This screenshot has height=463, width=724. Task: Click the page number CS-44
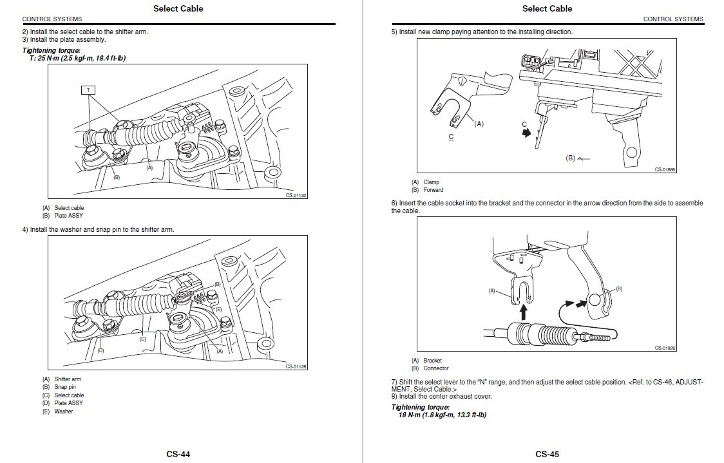pyautogui.click(x=178, y=454)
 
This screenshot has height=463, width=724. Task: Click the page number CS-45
pyautogui.click(x=547, y=454)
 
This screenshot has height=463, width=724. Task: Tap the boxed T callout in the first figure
pyautogui.click(x=88, y=90)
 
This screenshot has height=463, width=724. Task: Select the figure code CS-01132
pyautogui.click(x=296, y=195)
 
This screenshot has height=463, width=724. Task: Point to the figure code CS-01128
pyautogui.click(x=296, y=366)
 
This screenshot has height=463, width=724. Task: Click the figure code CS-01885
pyautogui.click(x=665, y=170)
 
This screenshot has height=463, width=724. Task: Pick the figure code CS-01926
pyautogui.click(x=665, y=348)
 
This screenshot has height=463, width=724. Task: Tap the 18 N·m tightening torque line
pyautogui.click(x=442, y=415)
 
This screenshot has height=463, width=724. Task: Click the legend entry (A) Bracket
pyautogui.click(x=427, y=361)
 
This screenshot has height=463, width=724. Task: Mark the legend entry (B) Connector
pyautogui.click(x=430, y=368)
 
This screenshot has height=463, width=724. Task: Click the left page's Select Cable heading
pyautogui.click(x=178, y=8)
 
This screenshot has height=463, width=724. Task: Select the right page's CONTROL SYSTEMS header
pyautogui.click(x=673, y=19)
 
